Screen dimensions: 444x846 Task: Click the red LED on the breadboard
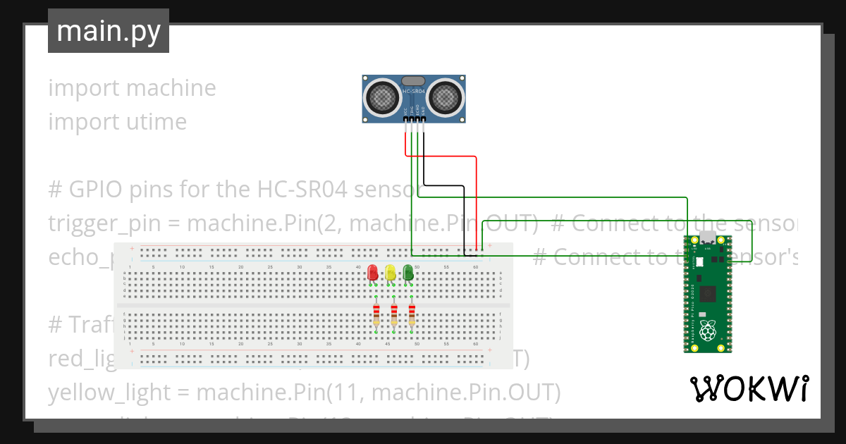pyautogui.click(x=373, y=273)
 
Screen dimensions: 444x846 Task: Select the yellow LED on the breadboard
pyautogui.click(x=390, y=273)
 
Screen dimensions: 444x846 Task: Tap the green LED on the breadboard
pyautogui.click(x=407, y=273)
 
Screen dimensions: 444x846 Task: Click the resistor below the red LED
pyautogui.click(x=376, y=315)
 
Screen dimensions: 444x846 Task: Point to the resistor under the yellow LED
pyautogui.click(x=394, y=315)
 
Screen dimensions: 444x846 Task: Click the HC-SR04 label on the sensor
pyautogui.click(x=415, y=92)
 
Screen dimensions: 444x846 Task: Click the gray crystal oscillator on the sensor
pyautogui.click(x=414, y=81)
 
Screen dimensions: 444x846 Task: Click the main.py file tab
pyautogui.click(x=109, y=31)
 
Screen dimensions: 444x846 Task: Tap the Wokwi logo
pyautogui.click(x=749, y=388)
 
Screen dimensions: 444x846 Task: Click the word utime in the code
pyautogui.click(x=153, y=122)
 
